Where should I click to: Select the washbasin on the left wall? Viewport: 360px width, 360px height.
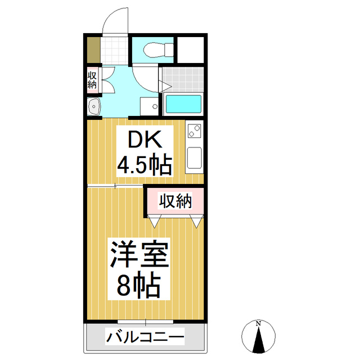93,106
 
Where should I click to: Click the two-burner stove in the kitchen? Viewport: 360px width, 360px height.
194,132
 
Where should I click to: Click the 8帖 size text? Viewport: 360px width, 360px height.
139,286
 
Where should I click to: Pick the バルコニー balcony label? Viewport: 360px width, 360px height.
145,339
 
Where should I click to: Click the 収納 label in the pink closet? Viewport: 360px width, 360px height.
174,201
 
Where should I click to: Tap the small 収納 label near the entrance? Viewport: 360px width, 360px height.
92,79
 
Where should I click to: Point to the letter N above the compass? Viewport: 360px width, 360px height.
258,323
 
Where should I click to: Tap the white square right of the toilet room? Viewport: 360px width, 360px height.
191,51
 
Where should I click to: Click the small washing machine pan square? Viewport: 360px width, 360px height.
150,106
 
